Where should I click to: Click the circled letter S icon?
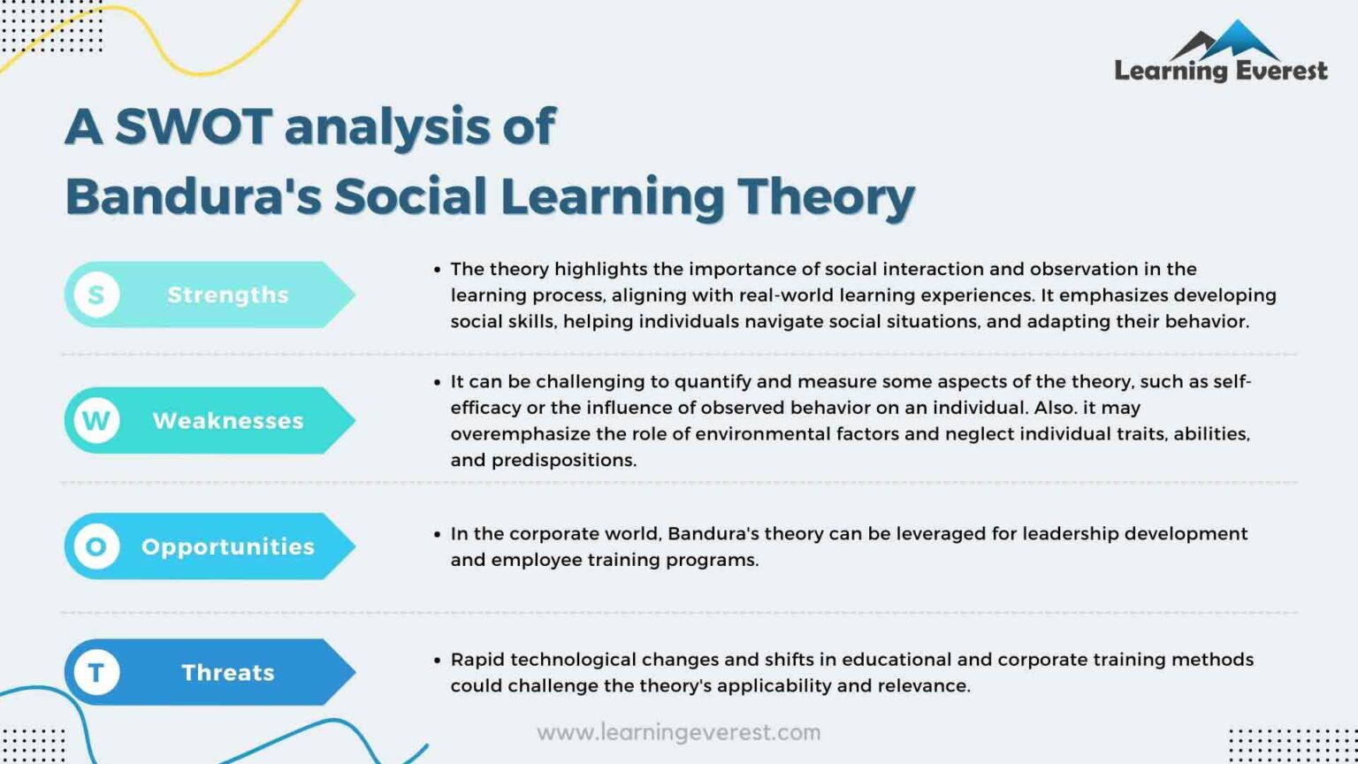[x=96, y=294]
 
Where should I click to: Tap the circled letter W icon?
[x=96, y=421]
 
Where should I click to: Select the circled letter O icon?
[x=96, y=546]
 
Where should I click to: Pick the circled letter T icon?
[x=96, y=673]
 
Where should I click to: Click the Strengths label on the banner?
[x=228, y=294]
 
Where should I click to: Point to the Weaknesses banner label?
[x=228, y=421]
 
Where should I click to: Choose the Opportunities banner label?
[x=228, y=546]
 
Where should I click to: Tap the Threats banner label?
[x=228, y=673]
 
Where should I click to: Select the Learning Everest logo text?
[x=1221, y=71]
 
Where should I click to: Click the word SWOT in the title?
[x=193, y=126]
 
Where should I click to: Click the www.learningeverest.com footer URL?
[x=678, y=732]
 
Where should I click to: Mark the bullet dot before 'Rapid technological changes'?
[x=437, y=660]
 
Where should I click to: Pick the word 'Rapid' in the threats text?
[x=477, y=660]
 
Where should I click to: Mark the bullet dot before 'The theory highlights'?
[x=437, y=269]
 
